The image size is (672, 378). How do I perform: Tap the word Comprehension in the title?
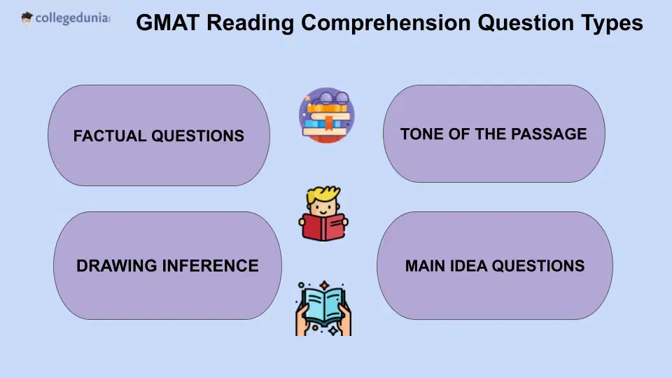click(x=382, y=23)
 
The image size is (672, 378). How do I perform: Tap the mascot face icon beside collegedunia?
click(x=27, y=18)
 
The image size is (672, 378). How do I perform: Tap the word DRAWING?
click(x=115, y=266)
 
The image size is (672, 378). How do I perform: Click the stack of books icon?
click(x=326, y=122)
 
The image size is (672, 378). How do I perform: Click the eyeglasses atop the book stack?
click(x=326, y=99)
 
